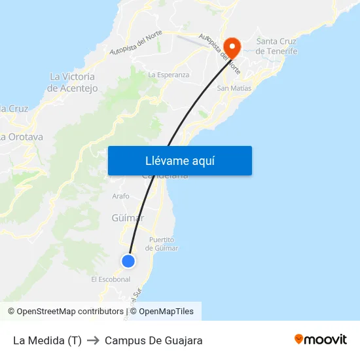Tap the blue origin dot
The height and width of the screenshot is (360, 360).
tap(128, 261)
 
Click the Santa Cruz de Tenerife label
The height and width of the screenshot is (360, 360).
tap(276, 46)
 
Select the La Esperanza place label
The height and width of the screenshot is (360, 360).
tap(168, 75)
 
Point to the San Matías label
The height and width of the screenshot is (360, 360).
tap(232, 88)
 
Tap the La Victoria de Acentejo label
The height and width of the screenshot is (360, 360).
tap(73, 82)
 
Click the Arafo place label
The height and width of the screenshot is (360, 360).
tap(120, 196)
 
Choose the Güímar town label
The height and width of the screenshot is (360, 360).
tap(128, 218)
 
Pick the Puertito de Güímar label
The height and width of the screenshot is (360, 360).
tap(162, 244)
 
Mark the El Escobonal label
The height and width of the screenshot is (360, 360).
tap(111, 279)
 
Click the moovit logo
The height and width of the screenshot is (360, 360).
tap(321, 340)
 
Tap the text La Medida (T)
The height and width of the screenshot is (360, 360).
tap(47, 340)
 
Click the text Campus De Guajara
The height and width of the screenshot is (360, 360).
tap(153, 340)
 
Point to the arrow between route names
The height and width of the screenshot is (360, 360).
tap(93, 340)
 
